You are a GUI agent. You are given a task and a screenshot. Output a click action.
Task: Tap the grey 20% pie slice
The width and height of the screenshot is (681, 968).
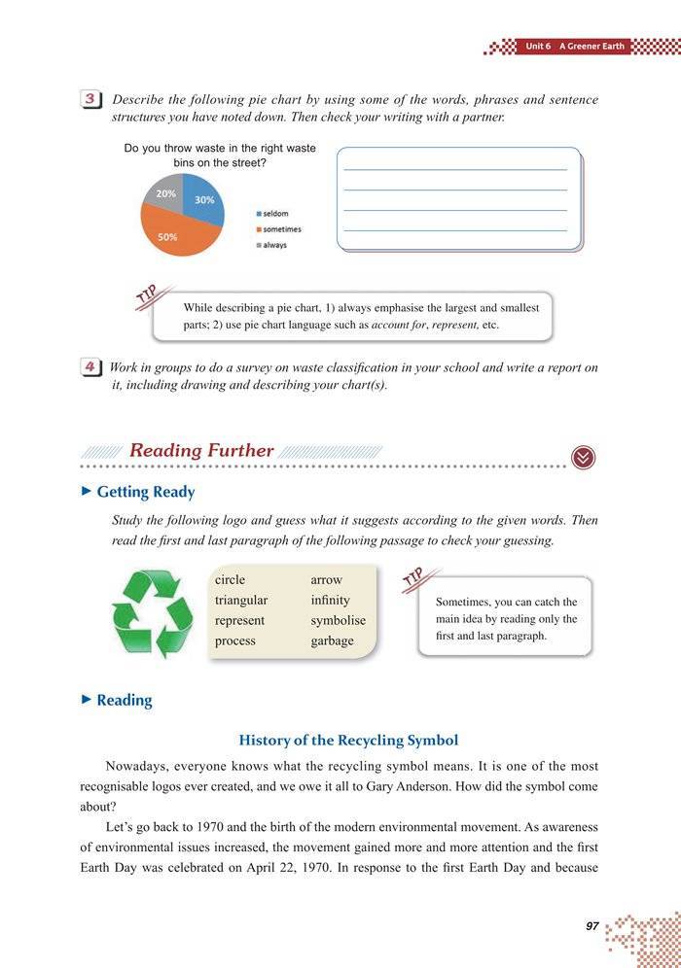click(x=163, y=192)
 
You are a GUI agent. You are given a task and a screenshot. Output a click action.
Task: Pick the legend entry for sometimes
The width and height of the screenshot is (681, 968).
click(x=280, y=229)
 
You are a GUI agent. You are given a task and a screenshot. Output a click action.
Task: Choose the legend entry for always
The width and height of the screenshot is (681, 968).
click(x=273, y=245)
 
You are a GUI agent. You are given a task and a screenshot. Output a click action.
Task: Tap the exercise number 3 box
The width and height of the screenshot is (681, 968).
click(x=90, y=100)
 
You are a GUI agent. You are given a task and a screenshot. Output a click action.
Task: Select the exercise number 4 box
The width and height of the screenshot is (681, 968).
click(x=90, y=367)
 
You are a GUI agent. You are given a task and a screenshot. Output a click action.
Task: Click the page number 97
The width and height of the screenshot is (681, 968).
click(x=592, y=926)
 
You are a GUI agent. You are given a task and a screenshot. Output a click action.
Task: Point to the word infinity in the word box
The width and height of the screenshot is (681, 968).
click(x=330, y=600)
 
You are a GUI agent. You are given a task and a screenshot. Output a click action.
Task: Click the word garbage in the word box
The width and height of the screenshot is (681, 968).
click(x=332, y=640)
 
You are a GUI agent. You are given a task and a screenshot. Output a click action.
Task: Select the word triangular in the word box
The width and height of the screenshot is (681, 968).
click(x=241, y=600)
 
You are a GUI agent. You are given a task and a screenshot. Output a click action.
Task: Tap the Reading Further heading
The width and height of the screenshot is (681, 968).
click(x=201, y=451)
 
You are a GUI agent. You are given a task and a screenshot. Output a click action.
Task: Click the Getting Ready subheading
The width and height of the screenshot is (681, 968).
click(x=145, y=492)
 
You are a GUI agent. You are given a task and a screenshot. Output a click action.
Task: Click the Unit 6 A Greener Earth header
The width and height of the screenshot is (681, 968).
click(x=573, y=46)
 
